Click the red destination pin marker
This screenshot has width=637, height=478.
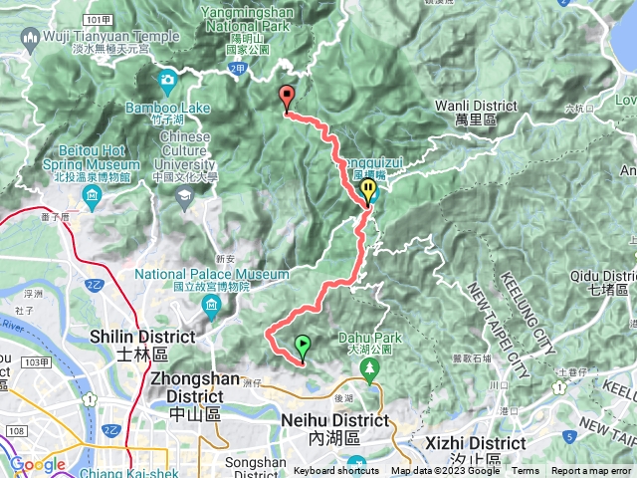pos(288,98)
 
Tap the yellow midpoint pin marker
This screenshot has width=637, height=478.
pos(369,189)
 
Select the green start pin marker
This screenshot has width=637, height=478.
pos(303,347)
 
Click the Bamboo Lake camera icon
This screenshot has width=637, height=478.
pos(167,78)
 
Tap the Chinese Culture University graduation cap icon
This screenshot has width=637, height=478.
pos(183,198)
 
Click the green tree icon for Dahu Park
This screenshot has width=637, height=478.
pos(369,371)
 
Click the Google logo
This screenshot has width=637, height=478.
pos(37,464)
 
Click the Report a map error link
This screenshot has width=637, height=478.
pos(591,471)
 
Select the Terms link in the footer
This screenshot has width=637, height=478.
pos(526,471)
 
